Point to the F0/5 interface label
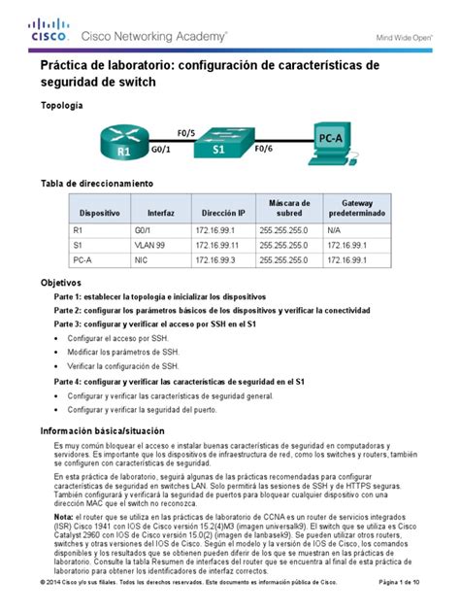tap(186, 131)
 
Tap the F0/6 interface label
tap(263, 152)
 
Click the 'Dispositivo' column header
tap(100, 211)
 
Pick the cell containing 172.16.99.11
tap(221, 246)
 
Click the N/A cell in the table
tap(335, 231)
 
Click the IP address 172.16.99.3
tap(219, 260)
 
